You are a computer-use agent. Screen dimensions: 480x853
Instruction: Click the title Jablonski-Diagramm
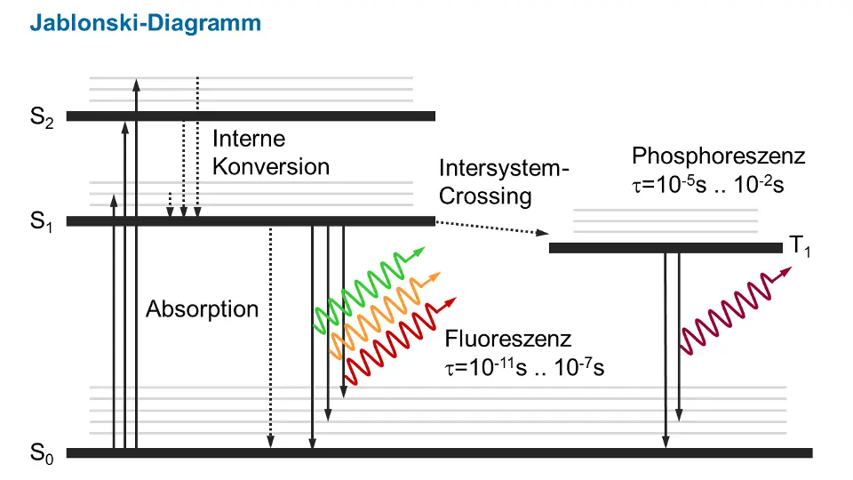click(146, 23)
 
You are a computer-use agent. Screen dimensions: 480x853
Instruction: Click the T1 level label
click(801, 248)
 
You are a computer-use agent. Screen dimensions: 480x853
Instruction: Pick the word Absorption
click(203, 310)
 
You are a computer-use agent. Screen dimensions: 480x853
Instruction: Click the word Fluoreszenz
click(509, 340)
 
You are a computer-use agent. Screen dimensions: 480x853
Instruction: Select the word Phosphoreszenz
click(719, 157)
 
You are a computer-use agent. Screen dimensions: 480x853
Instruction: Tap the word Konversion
click(270, 167)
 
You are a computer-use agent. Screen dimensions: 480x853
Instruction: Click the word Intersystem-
click(503, 170)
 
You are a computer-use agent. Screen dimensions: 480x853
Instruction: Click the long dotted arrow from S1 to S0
click(270, 338)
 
